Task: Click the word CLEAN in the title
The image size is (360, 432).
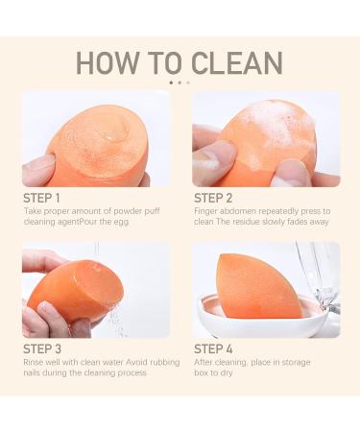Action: pyautogui.click(x=237, y=62)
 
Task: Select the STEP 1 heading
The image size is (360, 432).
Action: pyautogui.click(x=41, y=198)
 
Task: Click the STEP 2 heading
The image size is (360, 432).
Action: pyautogui.click(x=213, y=198)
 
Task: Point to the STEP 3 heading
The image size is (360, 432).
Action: pyautogui.click(x=42, y=348)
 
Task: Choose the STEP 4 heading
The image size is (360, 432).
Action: pyautogui.click(x=213, y=348)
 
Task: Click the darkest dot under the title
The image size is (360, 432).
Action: pyautogui.click(x=171, y=83)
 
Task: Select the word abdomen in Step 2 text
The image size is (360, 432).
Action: pyautogui.click(x=237, y=211)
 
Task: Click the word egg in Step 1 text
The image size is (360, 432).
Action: pyautogui.click(x=121, y=223)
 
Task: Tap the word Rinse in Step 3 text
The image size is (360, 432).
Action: pyautogui.click(x=33, y=362)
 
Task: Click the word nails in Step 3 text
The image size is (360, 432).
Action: pyautogui.click(x=32, y=372)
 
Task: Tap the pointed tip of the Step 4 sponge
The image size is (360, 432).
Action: pyautogui.click(x=224, y=256)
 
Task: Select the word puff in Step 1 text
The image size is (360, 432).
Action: pyautogui.click(x=152, y=212)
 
